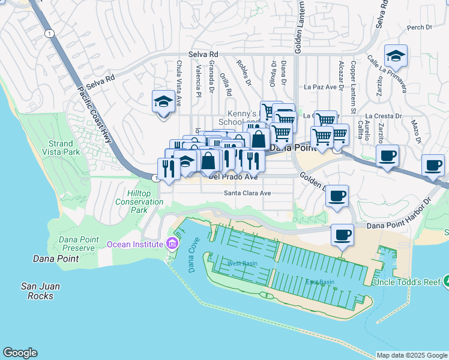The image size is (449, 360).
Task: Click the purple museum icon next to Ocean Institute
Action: (172, 244)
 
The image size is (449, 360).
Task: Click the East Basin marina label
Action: (320, 282)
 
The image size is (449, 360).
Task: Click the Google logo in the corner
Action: (20, 353)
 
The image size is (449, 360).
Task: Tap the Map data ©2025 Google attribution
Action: (412, 355)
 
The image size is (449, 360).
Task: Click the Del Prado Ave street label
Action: (233, 177)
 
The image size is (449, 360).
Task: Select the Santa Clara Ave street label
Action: (247, 193)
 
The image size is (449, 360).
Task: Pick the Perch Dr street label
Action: (419, 27)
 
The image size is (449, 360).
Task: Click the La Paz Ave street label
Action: (320, 87)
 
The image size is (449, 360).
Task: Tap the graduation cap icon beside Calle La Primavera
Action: (396, 56)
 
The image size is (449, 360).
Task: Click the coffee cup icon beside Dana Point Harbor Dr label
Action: (342, 235)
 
